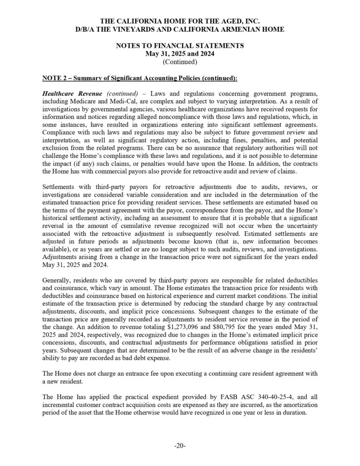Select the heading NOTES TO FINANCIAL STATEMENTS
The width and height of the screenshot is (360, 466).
pyautogui.click(x=180, y=46)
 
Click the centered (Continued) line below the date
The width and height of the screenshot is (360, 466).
pyautogui.click(x=180, y=61)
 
